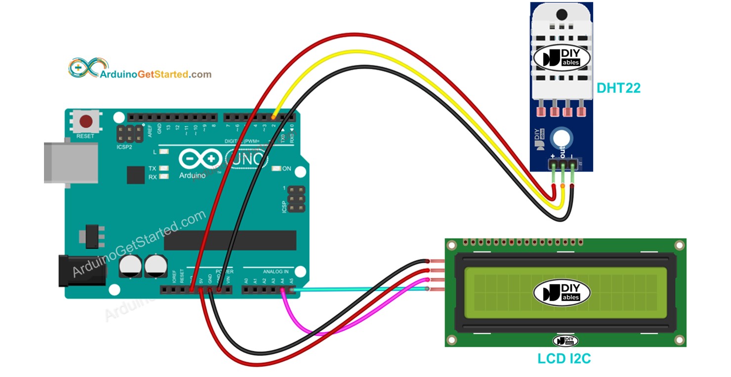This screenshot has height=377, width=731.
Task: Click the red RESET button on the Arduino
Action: (86, 122)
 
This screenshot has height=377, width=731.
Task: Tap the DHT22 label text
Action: (618, 88)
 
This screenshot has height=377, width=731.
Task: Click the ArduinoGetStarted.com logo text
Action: (155, 75)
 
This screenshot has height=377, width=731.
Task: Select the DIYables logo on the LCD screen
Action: (562, 292)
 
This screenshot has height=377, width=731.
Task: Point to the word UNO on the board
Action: (247, 159)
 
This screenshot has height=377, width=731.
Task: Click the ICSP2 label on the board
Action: (125, 147)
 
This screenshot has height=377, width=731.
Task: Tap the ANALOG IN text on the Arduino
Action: (275, 271)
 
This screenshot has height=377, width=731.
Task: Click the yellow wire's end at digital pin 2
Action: (273, 117)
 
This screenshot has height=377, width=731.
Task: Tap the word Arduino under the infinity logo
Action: (192, 175)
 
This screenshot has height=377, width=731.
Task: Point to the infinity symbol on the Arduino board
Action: (200, 159)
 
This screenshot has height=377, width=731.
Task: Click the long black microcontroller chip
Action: (230, 240)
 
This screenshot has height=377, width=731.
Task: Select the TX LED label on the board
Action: (152, 168)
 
